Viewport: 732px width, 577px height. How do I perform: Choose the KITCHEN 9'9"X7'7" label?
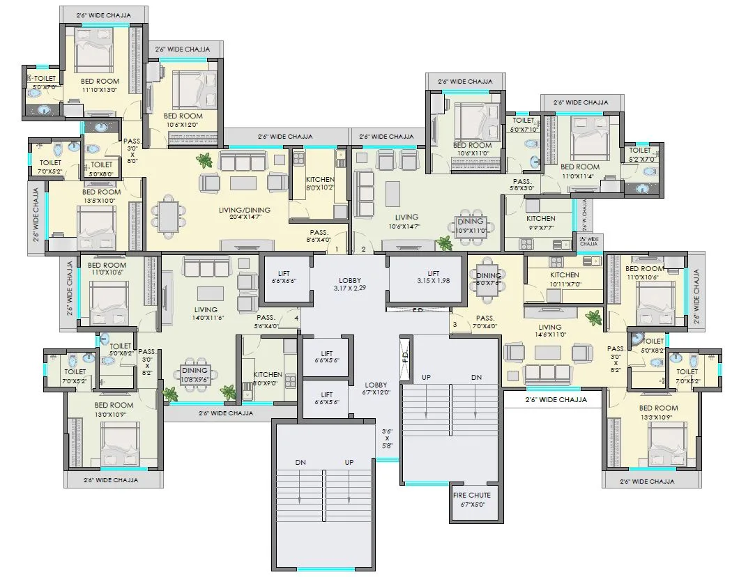(x=540, y=222)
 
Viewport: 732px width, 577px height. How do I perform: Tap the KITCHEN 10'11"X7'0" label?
(x=564, y=279)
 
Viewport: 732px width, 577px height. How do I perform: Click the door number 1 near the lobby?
(x=337, y=249)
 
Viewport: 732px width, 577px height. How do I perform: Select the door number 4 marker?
(x=296, y=319)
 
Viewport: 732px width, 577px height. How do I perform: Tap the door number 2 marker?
(x=363, y=249)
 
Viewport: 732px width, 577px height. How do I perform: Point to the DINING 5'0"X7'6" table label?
(x=488, y=279)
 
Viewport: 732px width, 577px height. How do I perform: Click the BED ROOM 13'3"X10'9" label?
(x=658, y=412)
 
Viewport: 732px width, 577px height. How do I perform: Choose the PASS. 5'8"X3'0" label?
(x=522, y=184)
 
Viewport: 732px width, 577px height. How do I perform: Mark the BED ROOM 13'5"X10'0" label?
(x=101, y=196)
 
